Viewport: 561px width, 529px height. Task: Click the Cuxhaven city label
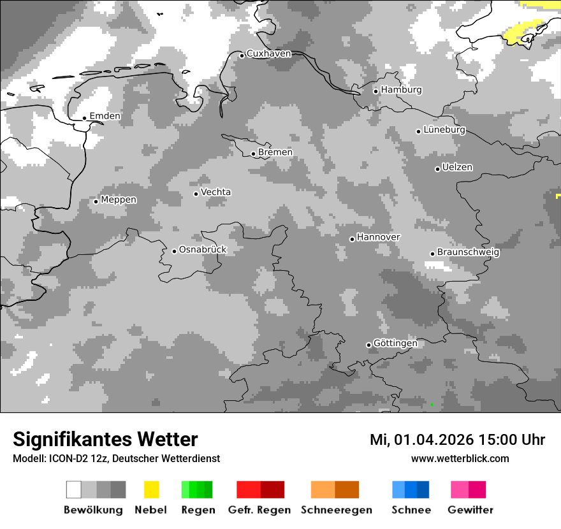[x=268, y=54]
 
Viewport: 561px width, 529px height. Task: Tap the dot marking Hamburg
[x=375, y=91]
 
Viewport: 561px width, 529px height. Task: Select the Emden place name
[x=105, y=116]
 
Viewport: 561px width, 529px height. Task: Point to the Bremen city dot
[x=253, y=154]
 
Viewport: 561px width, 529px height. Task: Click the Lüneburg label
[x=444, y=129]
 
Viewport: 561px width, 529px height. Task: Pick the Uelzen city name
[x=457, y=167]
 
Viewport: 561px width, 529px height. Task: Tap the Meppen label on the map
[x=119, y=199]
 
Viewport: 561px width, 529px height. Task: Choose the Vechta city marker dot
[x=196, y=194]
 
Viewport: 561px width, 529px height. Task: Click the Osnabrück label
[x=203, y=250]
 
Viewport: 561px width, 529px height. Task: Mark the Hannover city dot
[x=352, y=239]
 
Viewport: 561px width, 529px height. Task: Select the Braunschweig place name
[x=468, y=252]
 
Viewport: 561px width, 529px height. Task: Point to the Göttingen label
[x=395, y=343]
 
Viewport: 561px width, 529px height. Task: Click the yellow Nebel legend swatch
[x=151, y=489]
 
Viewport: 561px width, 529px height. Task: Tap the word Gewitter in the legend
[x=470, y=510]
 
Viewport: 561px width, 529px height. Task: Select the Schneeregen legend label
[x=337, y=510]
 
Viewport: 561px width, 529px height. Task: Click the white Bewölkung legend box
[x=74, y=489]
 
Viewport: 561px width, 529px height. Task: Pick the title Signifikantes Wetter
[x=105, y=440]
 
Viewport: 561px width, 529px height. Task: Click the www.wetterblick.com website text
[x=460, y=459]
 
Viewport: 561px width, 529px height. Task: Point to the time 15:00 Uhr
[x=504, y=440]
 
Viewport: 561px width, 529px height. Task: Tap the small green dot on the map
[x=432, y=405]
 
